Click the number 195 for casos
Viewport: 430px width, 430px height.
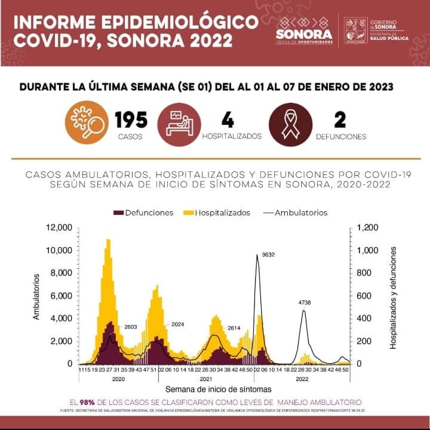(x=131, y=119)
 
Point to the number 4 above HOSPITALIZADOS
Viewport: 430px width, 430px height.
(x=228, y=119)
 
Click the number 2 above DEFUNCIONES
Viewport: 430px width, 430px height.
(x=340, y=119)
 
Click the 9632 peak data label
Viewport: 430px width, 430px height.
(x=269, y=254)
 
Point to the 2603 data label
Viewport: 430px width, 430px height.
(x=131, y=327)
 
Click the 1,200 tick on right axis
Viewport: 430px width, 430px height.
(x=367, y=228)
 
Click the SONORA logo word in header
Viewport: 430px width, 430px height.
(x=304, y=34)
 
